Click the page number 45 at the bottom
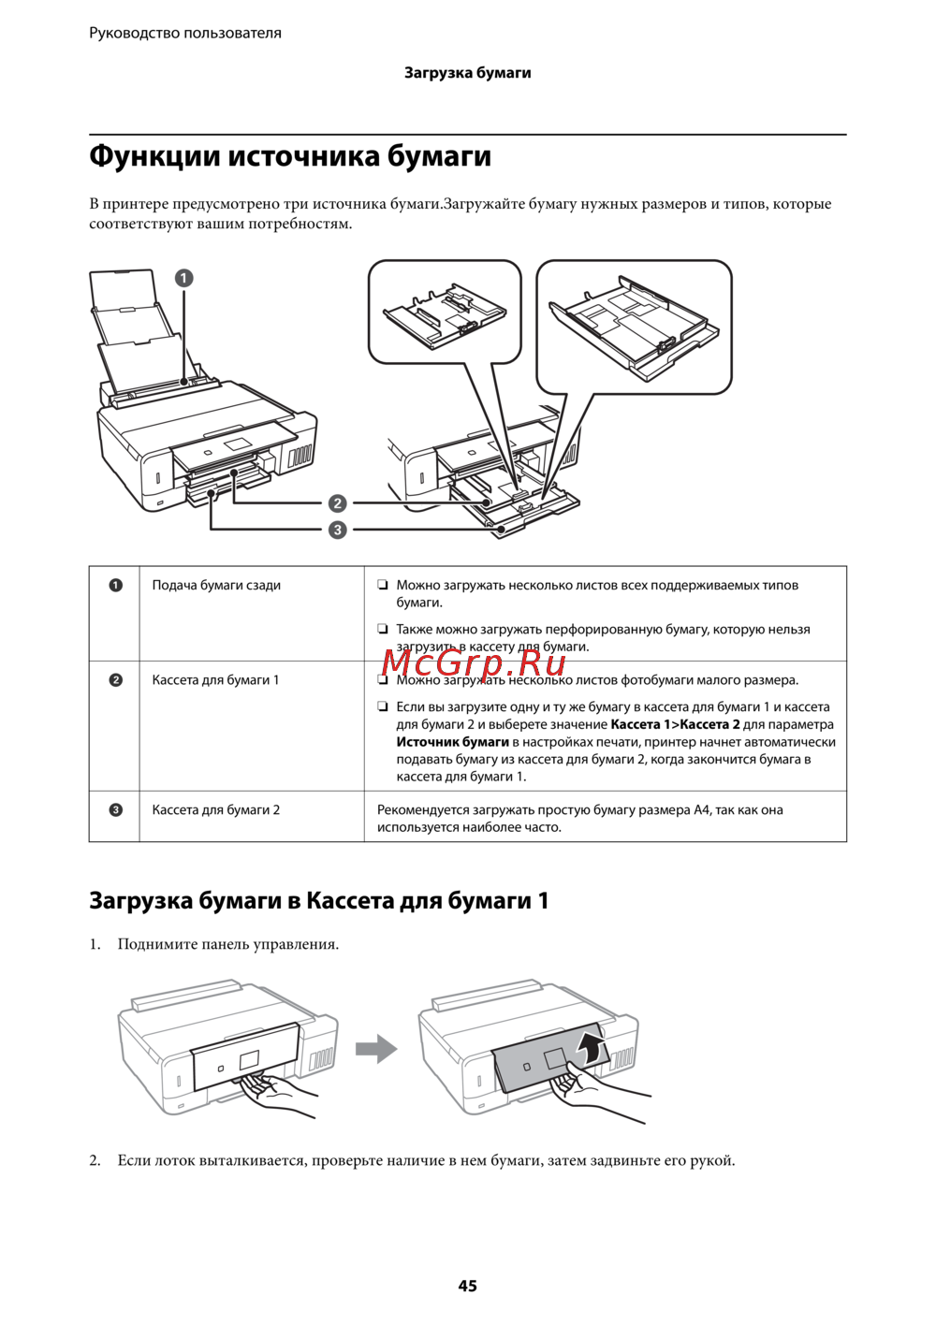467,1286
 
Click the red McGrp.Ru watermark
475,662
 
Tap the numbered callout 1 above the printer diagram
183,278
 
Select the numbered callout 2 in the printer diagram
337,503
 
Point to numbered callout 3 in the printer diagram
337,530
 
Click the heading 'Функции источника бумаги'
290,155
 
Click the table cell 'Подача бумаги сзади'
216,586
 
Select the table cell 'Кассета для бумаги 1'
215,680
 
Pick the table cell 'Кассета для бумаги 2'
215,810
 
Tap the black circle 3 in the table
115,810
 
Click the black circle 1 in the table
115,586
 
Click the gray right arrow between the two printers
376,1048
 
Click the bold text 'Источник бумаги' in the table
452,742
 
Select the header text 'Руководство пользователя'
185,33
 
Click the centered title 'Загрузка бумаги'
467,73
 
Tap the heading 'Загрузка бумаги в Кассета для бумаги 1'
318,901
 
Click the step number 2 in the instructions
95,1161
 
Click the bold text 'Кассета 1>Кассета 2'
675,724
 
